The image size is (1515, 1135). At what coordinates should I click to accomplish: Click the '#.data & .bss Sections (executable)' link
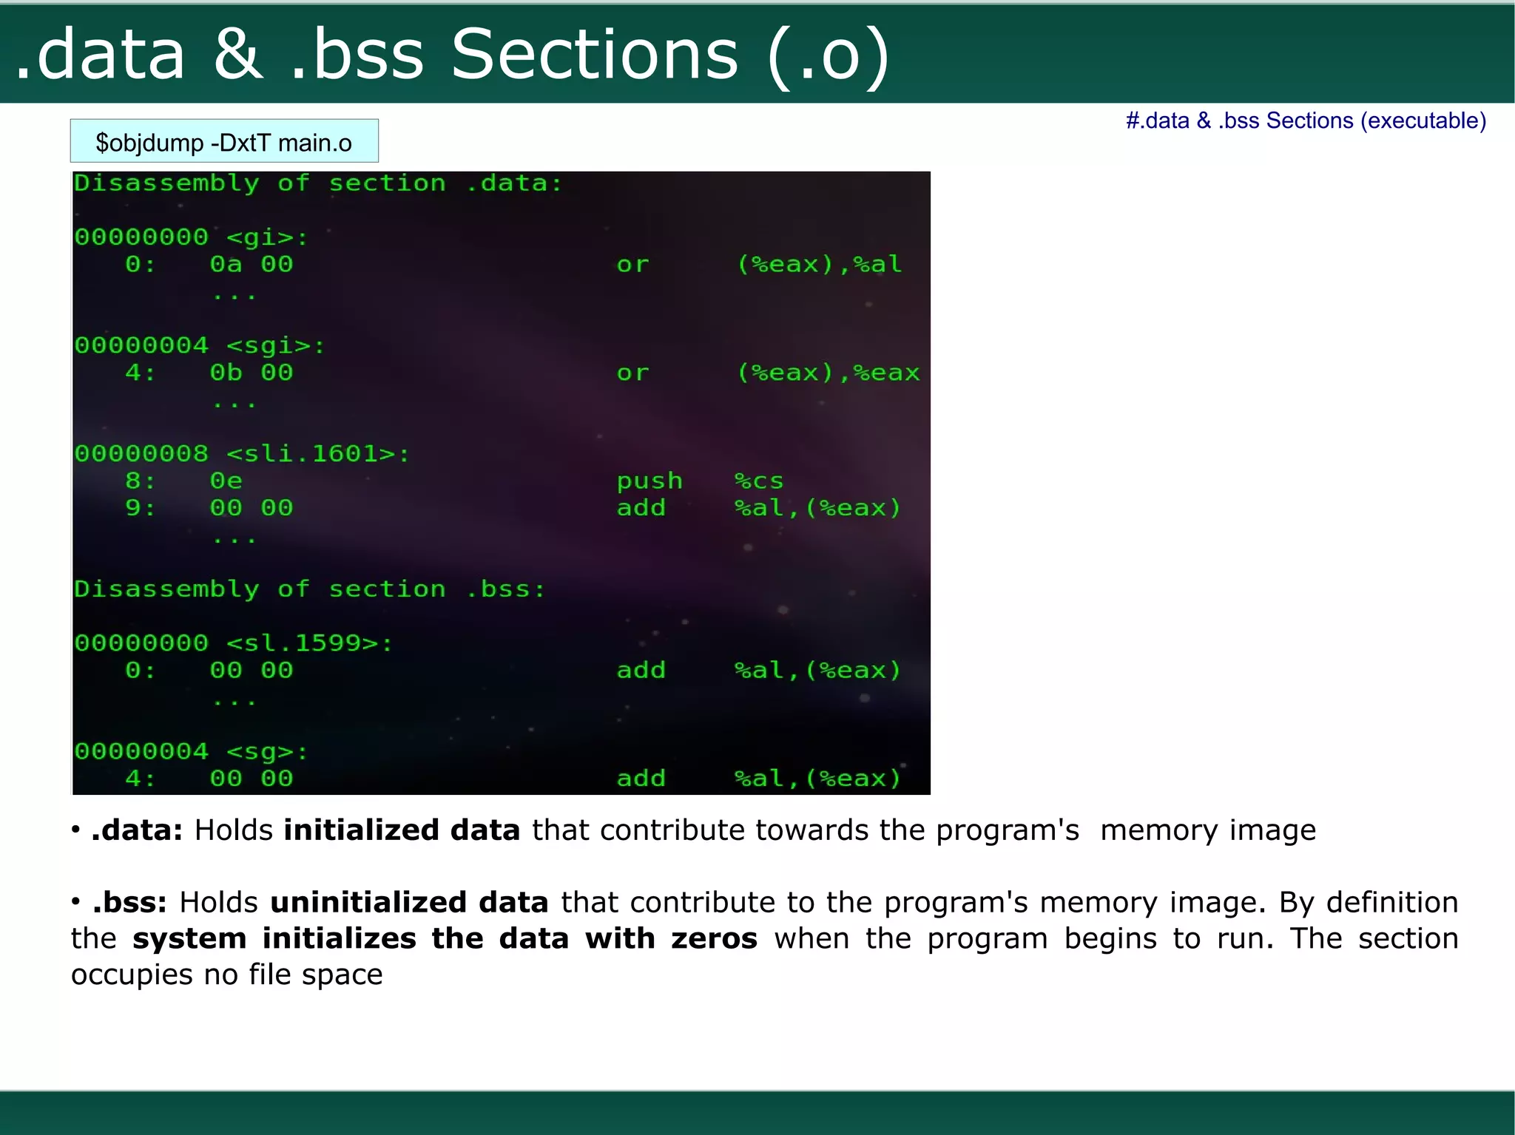(1306, 121)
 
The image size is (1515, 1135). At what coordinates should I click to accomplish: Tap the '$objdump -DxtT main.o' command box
(223, 141)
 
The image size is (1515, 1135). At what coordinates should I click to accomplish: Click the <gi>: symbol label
(266, 237)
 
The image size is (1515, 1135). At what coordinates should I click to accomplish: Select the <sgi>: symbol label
(275, 345)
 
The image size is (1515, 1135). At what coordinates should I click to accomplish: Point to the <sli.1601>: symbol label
(317, 453)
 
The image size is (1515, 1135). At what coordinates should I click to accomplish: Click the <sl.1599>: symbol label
(308, 643)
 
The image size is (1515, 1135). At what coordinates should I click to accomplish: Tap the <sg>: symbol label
(266, 752)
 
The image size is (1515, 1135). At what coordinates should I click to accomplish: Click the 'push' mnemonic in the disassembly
(649, 481)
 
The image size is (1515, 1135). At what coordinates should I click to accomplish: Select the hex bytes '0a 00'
(252, 264)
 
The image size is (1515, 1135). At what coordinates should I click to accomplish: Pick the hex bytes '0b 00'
(252, 373)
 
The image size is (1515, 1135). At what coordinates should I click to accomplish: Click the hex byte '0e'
(226, 481)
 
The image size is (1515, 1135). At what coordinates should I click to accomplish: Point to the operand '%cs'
(758, 481)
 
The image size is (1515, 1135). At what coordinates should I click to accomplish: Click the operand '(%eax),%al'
(819, 264)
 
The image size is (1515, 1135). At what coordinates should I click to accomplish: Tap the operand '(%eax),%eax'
(828, 373)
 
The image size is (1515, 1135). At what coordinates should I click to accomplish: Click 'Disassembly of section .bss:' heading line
(309, 589)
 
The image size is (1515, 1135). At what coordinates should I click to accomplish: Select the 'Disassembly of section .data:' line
(318, 183)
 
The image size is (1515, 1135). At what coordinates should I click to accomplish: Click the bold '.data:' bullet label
(137, 830)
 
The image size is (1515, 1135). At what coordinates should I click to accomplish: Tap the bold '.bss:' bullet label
(129, 903)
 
